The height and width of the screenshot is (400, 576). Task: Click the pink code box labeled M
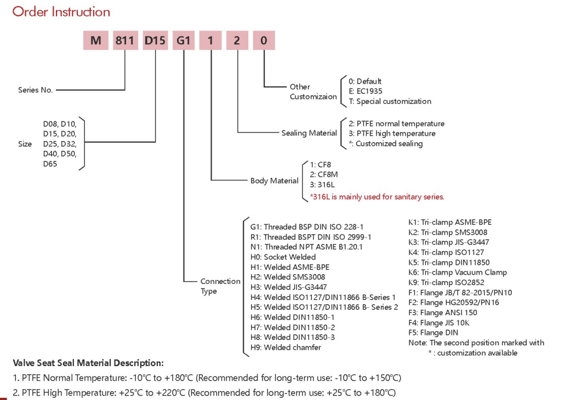[95, 40]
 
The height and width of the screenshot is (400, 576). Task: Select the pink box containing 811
[125, 40]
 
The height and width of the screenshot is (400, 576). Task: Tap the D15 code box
[155, 40]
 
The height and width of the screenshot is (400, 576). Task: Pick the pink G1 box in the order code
[184, 40]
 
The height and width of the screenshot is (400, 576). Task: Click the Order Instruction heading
[61, 11]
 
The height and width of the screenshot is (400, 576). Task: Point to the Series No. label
[36, 90]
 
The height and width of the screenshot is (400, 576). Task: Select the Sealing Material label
[309, 133]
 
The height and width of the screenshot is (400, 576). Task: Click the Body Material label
[275, 181]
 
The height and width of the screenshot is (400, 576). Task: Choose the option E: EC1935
[366, 91]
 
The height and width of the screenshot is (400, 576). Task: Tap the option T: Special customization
[390, 101]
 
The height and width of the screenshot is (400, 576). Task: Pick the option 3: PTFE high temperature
[392, 134]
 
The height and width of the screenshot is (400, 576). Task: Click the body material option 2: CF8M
[324, 175]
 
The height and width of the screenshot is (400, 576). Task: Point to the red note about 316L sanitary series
[377, 197]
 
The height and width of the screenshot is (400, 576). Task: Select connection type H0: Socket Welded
[283, 257]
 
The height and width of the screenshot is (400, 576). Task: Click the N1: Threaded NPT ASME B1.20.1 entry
[306, 247]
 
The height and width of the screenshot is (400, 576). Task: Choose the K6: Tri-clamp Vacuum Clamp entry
[457, 273]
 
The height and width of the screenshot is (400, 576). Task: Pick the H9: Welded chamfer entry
[286, 347]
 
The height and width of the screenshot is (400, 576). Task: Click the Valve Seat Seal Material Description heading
[88, 363]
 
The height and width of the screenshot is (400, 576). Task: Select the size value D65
[50, 164]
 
